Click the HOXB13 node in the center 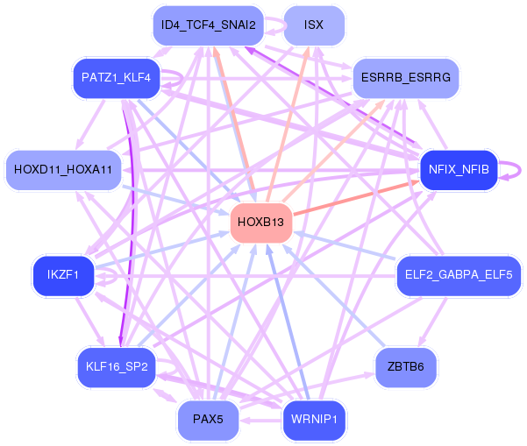pyautogui.click(x=260, y=223)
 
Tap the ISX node pyautogui.click(x=314, y=25)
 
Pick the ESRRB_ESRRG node pyautogui.click(x=405, y=78)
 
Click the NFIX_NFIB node pyautogui.click(x=459, y=169)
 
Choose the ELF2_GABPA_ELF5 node pyautogui.click(x=459, y=275)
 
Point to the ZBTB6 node pyautogui.click(x=405, y=366)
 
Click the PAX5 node pyautogui.click(x=208, y=419)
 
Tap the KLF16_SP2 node pyautogui.click(x=116, y=366)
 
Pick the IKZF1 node pyautogui.click(x=63, y=275)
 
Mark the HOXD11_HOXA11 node pyautogui.click(x=63, y=169)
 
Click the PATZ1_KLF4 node pyautogui.click(x=116, y=78)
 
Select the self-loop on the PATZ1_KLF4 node pyautogui.click(x=179, y=78)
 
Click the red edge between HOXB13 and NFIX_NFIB pyautogui.click(x=360, y=195)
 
